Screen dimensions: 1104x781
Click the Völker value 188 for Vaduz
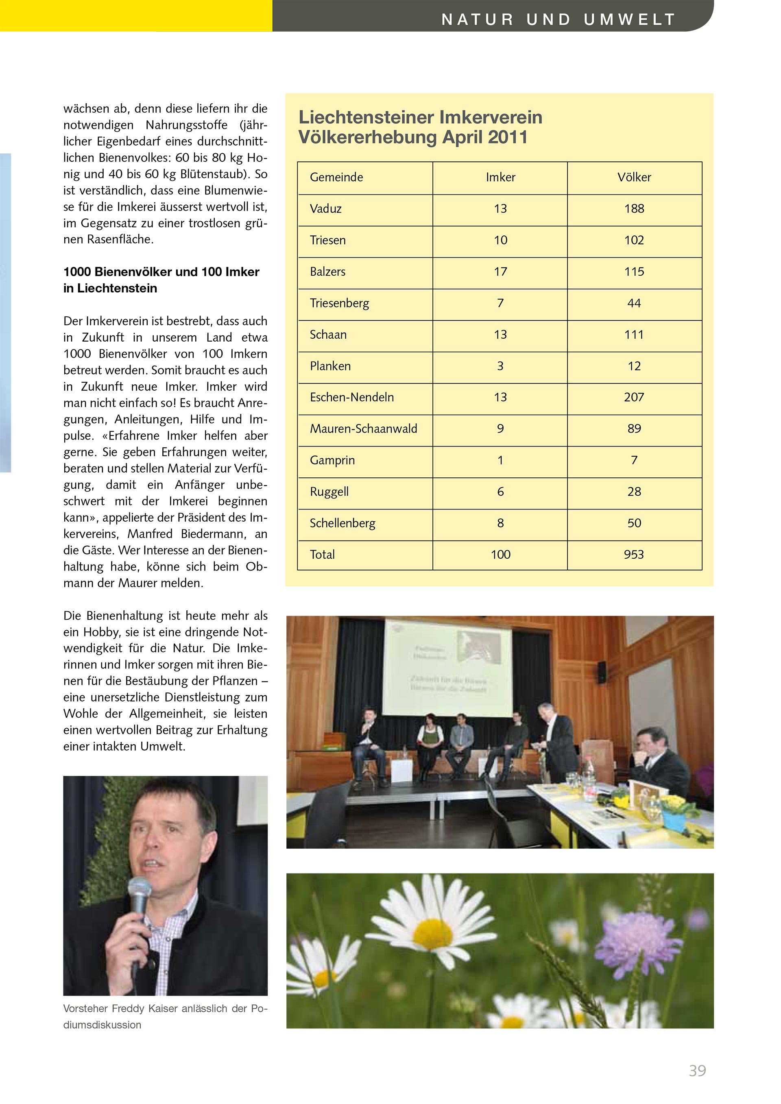[x=634, y=209]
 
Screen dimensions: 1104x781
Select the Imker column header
[x=500, y=177]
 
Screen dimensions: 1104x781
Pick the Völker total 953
[x=633, y=554]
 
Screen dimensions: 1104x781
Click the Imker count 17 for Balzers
[x=500, y=272]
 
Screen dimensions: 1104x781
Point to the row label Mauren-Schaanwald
[x=363, y=429]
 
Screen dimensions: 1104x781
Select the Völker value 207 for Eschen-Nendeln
[x=633, y=397]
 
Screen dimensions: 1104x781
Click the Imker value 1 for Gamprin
[x=500, y=460]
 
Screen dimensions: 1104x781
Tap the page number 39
[x=697, y=1071]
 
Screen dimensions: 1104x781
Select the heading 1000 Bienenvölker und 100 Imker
[x=161, y=272]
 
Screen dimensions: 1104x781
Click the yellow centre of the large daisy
[x=432, y=935]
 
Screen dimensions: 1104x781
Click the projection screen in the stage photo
[x=448, y=666]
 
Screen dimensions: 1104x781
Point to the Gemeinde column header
[x=336, y=177]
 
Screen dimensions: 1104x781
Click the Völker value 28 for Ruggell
[x=634, y=492]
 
